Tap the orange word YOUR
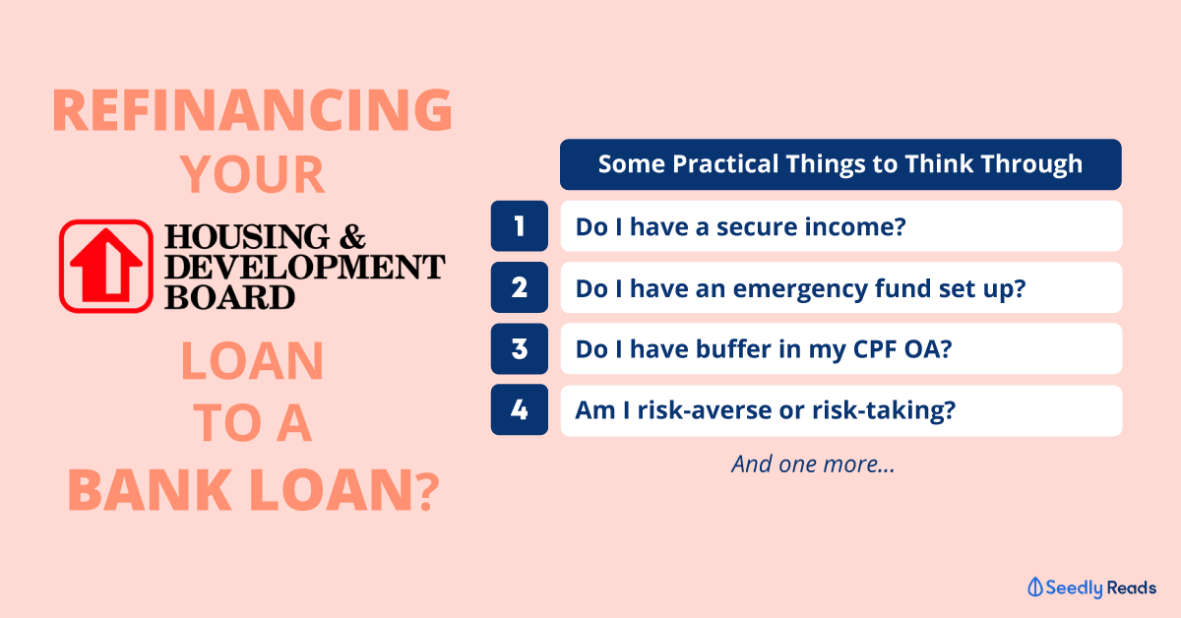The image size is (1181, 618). coord(253,174)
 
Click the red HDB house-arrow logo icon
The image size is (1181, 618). coord(106,267)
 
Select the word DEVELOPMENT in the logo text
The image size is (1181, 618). coord(305,267)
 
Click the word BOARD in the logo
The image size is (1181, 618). coord(229,297)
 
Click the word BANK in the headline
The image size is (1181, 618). coord(150,490)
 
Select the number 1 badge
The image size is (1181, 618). coord(520,226)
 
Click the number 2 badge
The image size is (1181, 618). coord(520,287)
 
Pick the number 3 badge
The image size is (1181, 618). coord(520,349)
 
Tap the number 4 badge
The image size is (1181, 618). coord(520,409)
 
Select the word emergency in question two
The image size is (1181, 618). coord(799,289)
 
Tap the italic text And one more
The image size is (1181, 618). coord(813,464)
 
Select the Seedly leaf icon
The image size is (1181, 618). coord(1035,587)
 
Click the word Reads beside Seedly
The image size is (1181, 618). coord(1132,587)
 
